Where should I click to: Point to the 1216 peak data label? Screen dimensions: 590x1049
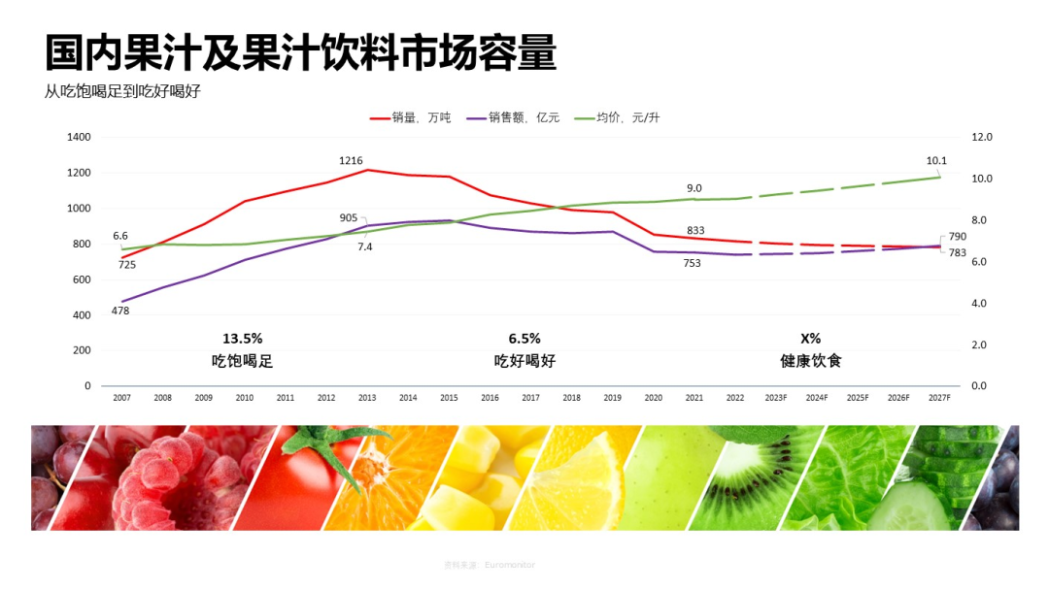coord(351,160)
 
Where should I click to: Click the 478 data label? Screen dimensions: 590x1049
coord(120,311)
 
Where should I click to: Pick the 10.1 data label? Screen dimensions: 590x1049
coord(936,161)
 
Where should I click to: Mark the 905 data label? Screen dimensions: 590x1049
coord(349,217)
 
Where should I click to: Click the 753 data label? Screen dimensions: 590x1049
coord(692,263)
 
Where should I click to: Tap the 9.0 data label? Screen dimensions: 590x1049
coord(694,188)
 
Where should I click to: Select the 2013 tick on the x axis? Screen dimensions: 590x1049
coord(367,398)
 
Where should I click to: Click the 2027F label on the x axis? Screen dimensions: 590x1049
coord(939,398)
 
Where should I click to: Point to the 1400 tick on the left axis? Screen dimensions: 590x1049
coord(79,138)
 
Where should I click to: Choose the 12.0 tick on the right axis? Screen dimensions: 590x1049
coord(982,138)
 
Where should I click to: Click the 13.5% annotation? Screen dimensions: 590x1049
coord(243,339)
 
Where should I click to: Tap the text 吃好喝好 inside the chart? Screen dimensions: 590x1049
coord(524,361)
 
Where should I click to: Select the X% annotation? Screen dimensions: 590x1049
coord(811,339)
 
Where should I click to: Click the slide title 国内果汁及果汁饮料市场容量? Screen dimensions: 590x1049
coord(301,53)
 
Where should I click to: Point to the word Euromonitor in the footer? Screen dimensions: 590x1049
coord(510,565)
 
